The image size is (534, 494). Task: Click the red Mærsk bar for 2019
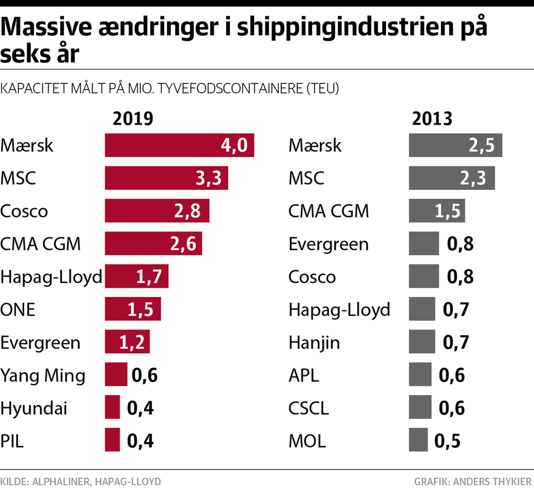pos(179,146)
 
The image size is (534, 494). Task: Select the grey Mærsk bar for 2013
pos(455,146)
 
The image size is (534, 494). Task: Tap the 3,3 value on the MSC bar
pos(209,178)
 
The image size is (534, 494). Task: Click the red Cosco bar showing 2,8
pos(157,211)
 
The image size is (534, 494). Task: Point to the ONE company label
pos(18,309)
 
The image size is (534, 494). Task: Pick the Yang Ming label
pos(43,376)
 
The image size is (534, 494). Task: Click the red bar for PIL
pos(112,440)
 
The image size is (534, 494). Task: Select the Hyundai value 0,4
pos(140,408)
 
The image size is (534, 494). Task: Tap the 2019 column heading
pos(132,119)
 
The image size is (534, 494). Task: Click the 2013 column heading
pos(432,119)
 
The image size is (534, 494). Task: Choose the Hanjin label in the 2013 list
pos(314,342)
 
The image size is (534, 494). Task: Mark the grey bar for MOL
pos(418,440)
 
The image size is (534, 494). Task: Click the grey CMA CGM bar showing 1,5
pos(437,211)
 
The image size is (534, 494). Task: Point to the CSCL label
pos(309,408)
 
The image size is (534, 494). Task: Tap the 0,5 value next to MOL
pos(447,441)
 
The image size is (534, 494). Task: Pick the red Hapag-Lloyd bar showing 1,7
pos(136,276)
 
